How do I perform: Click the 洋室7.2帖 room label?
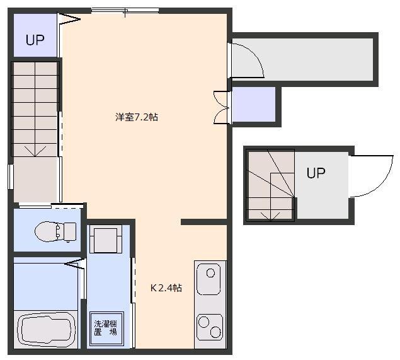coord(136,117)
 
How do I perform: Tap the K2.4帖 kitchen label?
coord(166,288)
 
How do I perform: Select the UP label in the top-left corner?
coord(35,40)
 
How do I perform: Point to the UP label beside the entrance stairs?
coord(316,173)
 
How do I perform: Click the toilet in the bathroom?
coord(56,231)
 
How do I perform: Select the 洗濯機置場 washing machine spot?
coord(106,328)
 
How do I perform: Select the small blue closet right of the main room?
coord(254,104)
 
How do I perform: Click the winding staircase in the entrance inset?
coord(270,185)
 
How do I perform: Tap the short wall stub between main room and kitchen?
coord(203,222)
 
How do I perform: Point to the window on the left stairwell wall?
coord(11,177)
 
